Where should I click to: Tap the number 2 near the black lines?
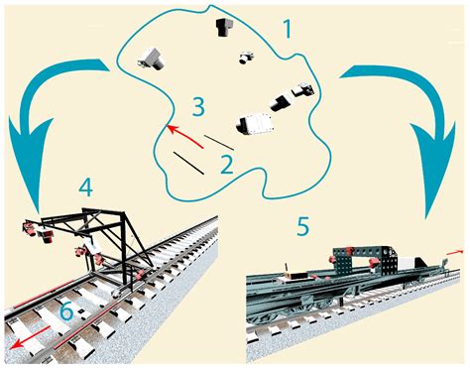coord(226,162)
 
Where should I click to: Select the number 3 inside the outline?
coord(198,106)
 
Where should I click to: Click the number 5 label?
coord(302,225)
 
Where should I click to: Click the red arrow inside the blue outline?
coord(186,136)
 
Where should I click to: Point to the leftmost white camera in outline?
coord(154,58)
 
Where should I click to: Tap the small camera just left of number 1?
coord(245,58)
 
